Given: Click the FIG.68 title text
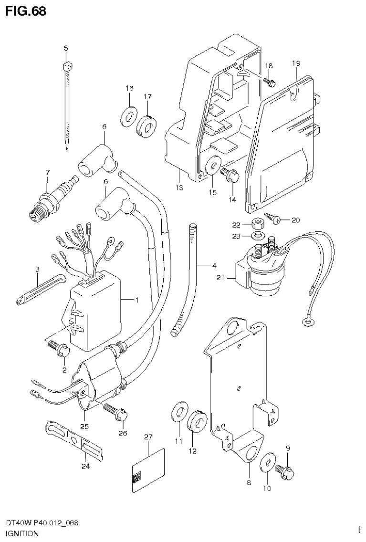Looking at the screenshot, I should tap(26, 11).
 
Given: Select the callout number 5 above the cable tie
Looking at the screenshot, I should tap(66, 48).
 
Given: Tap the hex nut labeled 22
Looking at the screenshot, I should tap(258, 224).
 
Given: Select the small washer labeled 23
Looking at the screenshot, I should tap(258, 236).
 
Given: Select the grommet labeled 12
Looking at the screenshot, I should tap(196, 420).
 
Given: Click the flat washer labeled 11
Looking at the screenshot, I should tap(178, 411).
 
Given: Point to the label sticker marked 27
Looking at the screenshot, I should tap(147, 470).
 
